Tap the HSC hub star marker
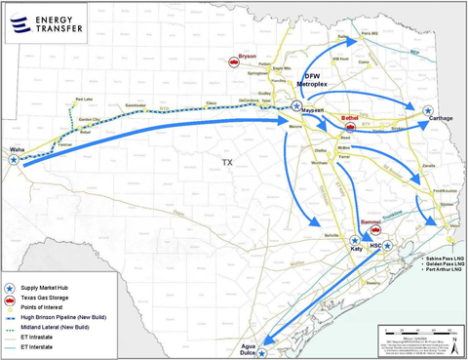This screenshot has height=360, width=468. coord(388,245)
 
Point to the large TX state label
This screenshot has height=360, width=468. coord(228,161)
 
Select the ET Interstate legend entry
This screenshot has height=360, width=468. coord(48,347)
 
